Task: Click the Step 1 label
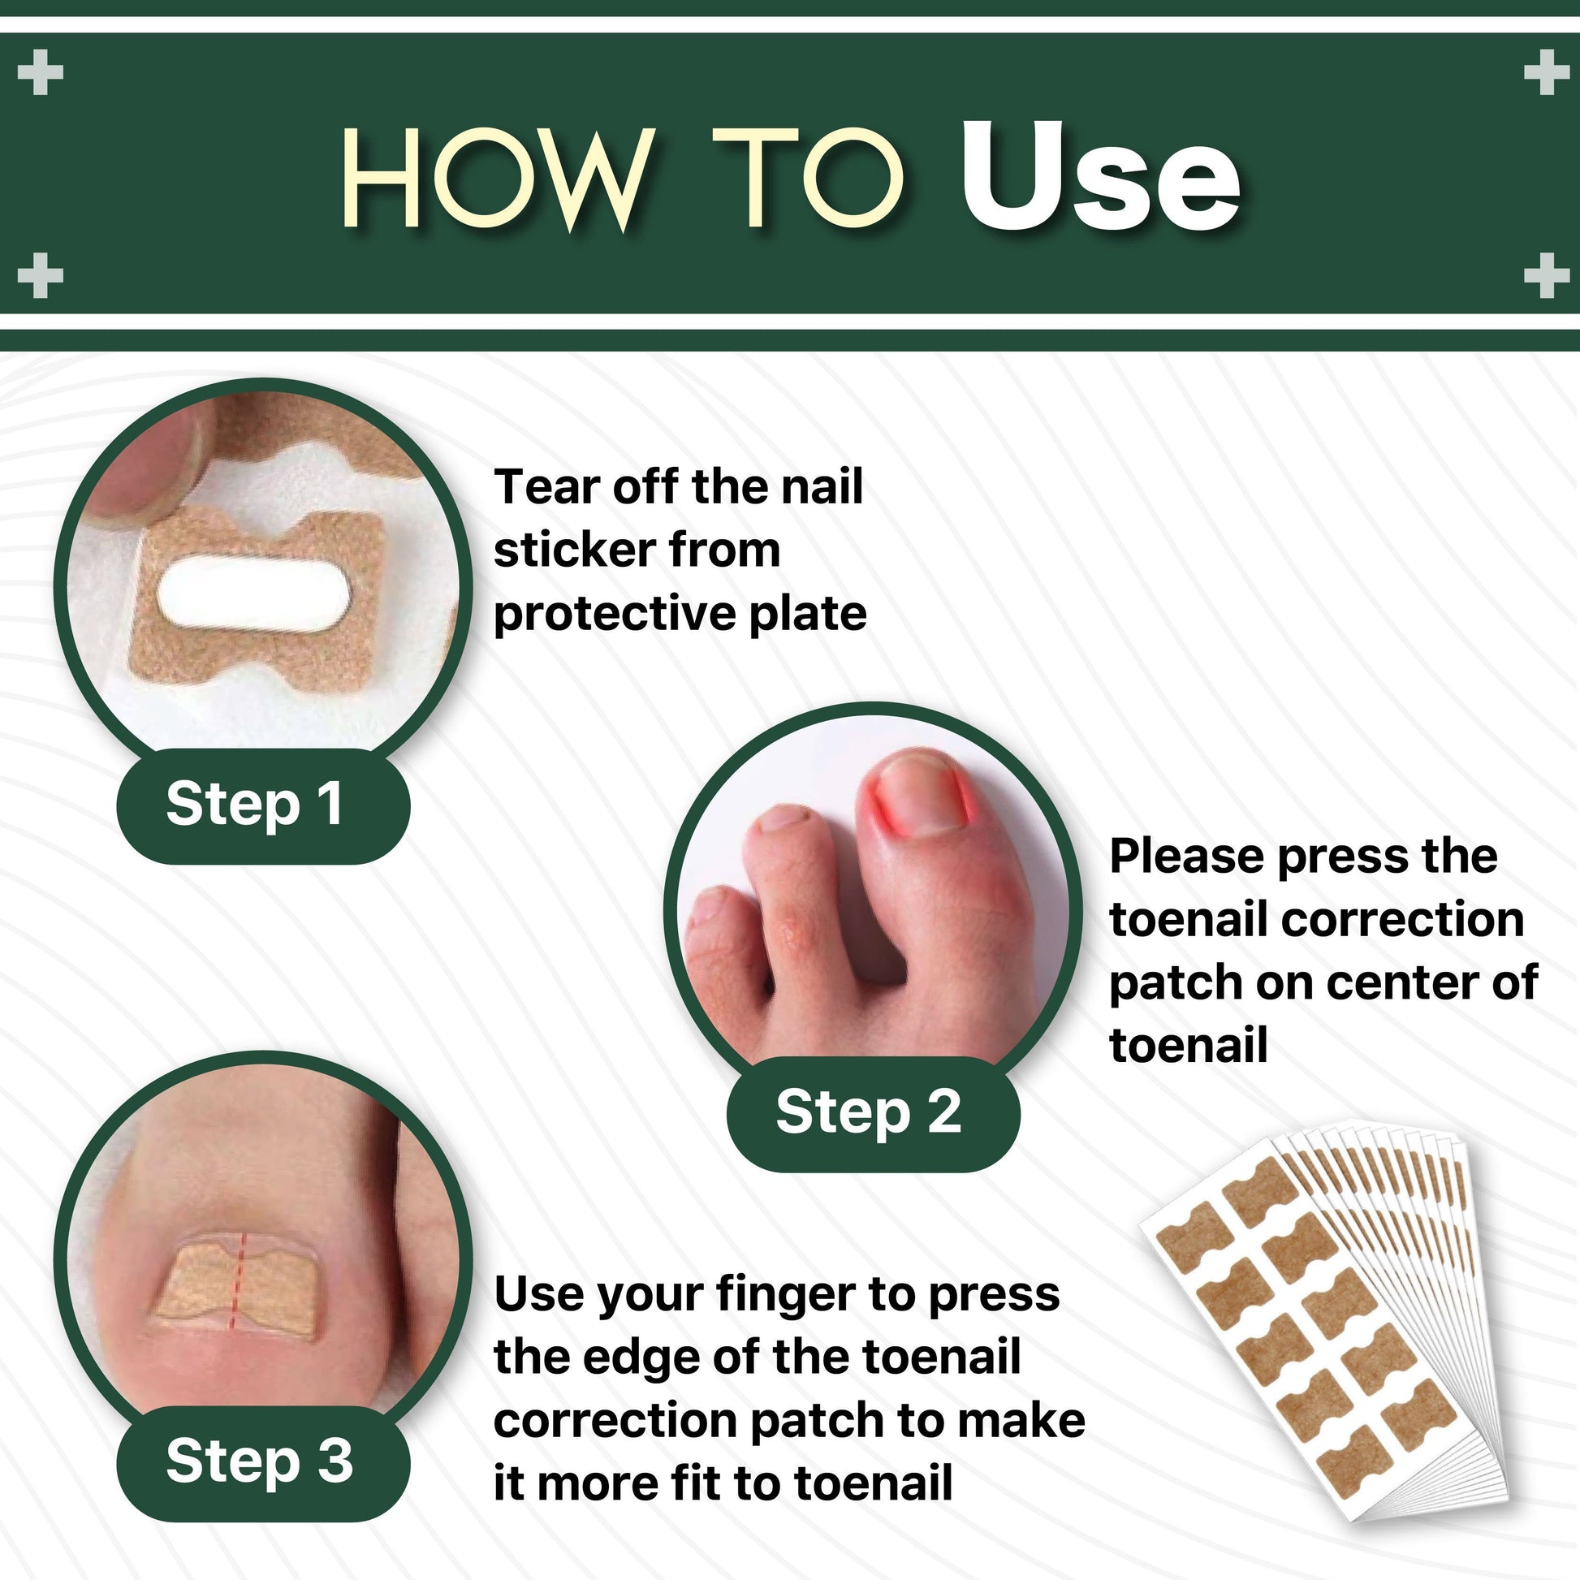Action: coord(254,803)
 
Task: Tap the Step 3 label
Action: coord(259,1461)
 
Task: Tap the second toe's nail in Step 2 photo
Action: coord(781,817)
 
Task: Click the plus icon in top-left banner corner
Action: coord(40,72)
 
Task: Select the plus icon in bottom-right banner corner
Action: coord(1546,274)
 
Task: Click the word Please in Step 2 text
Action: coord(1186,857)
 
